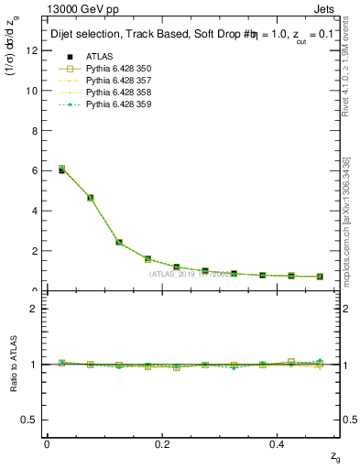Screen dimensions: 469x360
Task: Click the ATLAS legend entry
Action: pos(99,57)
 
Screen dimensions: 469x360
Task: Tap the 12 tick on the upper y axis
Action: pos(32,51)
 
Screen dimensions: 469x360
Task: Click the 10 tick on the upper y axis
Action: pos(32,91)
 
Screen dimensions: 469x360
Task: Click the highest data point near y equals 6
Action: pos(36,169)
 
